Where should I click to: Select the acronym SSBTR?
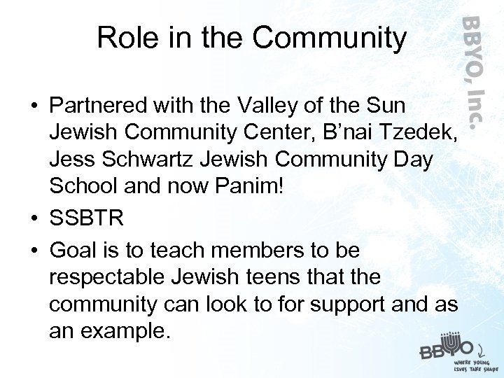click(x=87, y=218)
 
